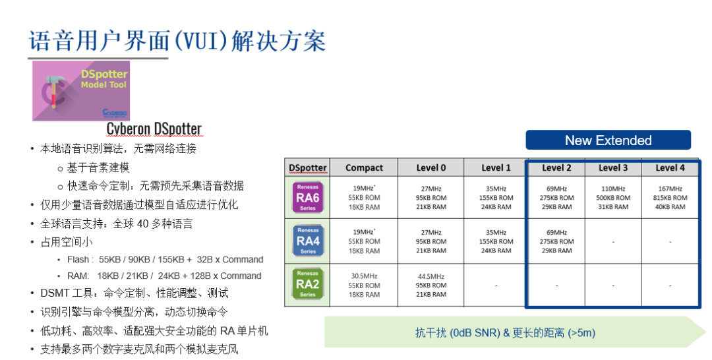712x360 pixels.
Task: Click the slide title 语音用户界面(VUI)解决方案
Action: pos(177,41)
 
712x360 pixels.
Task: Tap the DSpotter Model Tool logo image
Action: pos(81,91)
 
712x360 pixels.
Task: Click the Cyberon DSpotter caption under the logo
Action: pos(154,129)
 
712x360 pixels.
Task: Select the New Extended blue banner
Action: pos(608,140)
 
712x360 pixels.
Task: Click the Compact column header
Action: pos(364,167)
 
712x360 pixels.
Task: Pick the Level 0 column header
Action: pos(430,167)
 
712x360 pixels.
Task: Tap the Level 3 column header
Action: pos(613,167)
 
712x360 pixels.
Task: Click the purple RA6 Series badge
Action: pos(307,198)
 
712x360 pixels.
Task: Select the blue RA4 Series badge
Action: pos(307,241)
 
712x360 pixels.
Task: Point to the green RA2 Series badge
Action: pos(307,284)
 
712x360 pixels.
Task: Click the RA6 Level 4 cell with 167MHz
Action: pos(670,198)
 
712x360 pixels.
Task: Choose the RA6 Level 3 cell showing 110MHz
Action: pos(613,198)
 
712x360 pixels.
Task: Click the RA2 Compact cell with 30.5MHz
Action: pos(364,285)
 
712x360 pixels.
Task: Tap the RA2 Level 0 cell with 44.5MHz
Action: pos(430,285)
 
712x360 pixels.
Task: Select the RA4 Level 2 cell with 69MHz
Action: pos(556,241)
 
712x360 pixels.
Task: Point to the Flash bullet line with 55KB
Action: pos(165,260)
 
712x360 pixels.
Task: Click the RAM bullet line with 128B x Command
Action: pos(164,276)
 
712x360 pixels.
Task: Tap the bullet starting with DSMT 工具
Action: pos(134,293)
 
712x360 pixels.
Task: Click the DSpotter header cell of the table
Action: pos(307,167)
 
